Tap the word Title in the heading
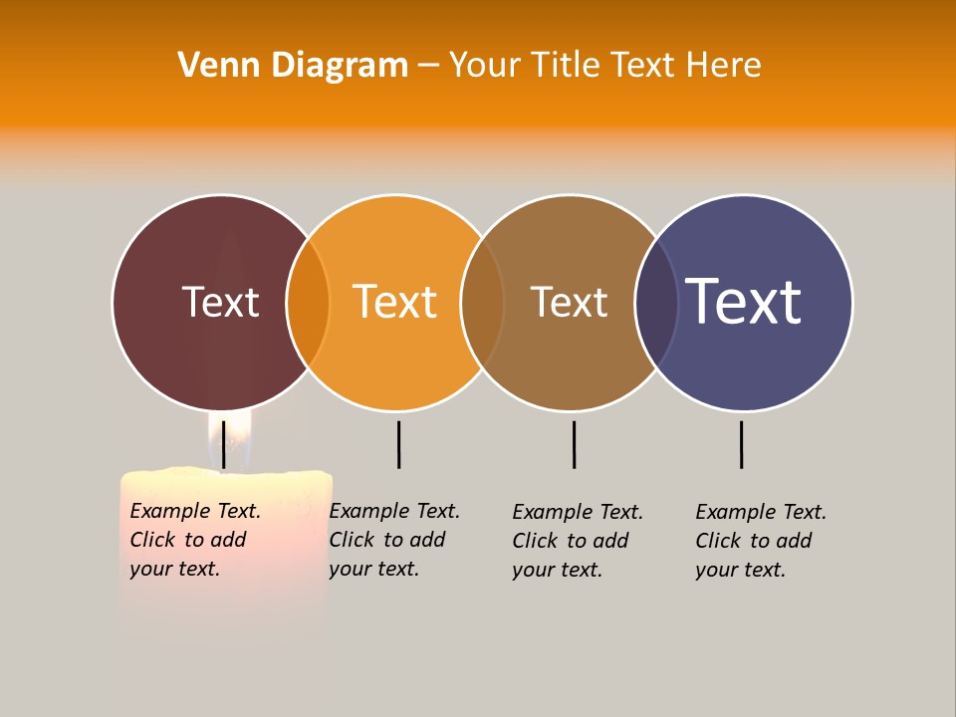tap(566, 66)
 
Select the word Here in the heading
tap(724, 66)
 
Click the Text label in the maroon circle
tap(220, 302)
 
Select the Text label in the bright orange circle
tap(394, 302)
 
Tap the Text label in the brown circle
tap(569, 302)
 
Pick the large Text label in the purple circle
tap(743, 301)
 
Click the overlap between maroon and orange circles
tap(308, 303)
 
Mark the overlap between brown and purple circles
tap(656, 303)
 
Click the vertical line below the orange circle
tap(398, 444)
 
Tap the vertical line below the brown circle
tap(574, 444)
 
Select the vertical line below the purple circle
tap(741, 444)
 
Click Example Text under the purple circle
tap(761, 512)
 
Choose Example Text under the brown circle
tap(578, 512)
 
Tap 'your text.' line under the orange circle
tap(373, 569)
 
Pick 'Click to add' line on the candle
tap(188, 540)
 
